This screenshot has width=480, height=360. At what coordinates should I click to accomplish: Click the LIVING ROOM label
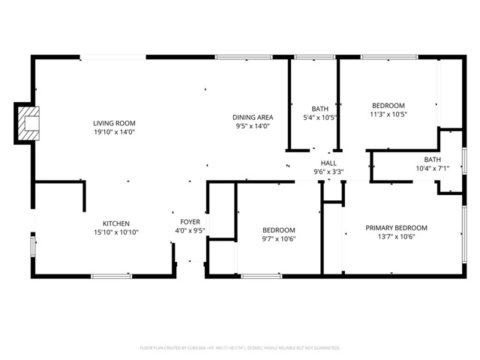(114, 123)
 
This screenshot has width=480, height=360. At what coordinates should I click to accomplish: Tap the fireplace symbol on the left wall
(28, 123)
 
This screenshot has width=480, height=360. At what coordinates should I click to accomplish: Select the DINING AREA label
(252, 117)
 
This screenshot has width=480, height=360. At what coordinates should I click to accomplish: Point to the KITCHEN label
(116, 223)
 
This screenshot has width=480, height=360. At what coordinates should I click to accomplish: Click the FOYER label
(190, 222)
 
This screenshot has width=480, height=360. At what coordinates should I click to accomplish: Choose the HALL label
(328, 163)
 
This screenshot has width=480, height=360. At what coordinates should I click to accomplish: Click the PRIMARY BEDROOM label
(396, 228)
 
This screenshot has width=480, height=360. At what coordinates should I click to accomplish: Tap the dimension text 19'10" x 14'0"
(114, 133)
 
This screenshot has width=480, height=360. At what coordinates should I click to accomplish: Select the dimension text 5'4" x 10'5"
(320, 118)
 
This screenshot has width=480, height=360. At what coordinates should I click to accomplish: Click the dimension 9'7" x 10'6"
(278, 239)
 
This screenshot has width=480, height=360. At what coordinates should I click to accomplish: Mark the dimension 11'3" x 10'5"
(388, 115)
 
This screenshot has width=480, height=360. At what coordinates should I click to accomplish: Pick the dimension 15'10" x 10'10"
(116, 232)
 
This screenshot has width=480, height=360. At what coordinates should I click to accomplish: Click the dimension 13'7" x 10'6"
(396, 237)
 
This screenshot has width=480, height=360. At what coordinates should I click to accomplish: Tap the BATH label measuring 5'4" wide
(320, 109)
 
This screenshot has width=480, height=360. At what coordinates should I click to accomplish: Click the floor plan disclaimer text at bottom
(240, 348)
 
